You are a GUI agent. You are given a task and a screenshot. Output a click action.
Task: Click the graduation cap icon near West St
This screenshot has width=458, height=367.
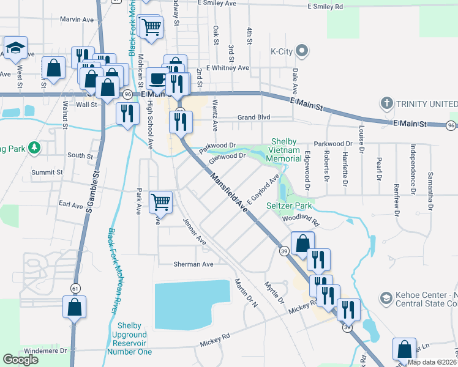click(x=15, y=48)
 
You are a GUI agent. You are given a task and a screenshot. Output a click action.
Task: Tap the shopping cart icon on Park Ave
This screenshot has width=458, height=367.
click(x=160, y=201)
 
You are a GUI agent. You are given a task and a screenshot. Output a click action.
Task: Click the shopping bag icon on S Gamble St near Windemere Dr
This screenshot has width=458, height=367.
click(x=74, y=306)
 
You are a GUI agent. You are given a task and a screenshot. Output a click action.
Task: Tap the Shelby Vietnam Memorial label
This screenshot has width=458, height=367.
click(x=286, y=150)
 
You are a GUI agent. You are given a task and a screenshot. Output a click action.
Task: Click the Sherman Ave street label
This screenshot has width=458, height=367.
click(x=193, y=264)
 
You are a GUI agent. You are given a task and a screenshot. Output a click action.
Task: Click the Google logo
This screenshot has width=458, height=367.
click(x=20, y=360)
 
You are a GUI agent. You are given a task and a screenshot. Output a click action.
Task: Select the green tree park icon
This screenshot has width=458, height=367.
click(x=36, y=147)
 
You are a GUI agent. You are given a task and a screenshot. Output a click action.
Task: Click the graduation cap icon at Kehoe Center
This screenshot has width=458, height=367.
click(x=386, y=297)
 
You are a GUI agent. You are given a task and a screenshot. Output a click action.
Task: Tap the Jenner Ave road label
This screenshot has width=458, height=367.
click(x=195, y=232)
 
